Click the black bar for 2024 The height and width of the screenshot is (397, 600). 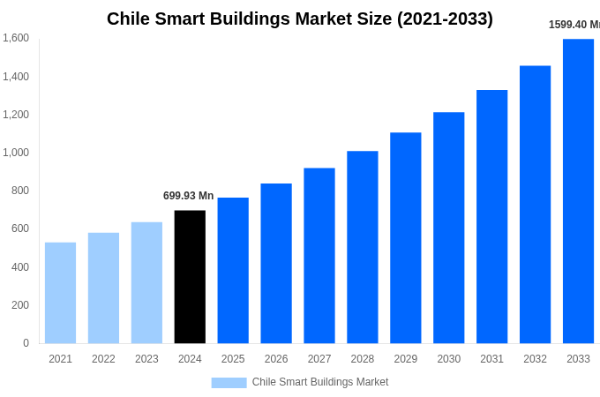coord(190,276)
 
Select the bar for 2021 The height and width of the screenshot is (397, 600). coord(60,293)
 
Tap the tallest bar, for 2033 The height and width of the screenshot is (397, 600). coord(578,191)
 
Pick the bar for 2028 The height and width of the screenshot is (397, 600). coord(363,247)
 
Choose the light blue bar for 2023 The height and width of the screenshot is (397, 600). coord(146,282)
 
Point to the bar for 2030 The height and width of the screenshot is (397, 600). coord(448,228)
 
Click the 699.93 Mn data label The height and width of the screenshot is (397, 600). coord(188,196)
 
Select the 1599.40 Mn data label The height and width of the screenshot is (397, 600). coord(574,25)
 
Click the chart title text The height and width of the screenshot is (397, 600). coord(300,19)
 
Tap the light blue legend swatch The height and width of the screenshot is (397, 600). coord(229,382)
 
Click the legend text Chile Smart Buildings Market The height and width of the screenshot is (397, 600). coord(320,382)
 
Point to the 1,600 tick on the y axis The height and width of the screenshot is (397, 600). coord(16,38)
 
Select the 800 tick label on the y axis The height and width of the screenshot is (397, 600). coord(19,191)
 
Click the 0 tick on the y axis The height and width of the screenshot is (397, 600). coord(26,343)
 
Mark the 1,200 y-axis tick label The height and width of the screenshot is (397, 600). coord(16,115)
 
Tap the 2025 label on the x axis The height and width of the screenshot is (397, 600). coord(233,359)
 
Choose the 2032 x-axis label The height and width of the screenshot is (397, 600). coord(535,359)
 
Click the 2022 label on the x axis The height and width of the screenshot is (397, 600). coord(103,359)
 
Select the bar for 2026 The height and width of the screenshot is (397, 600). coord(276,263)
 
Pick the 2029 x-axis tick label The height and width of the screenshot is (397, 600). coord(406,359)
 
